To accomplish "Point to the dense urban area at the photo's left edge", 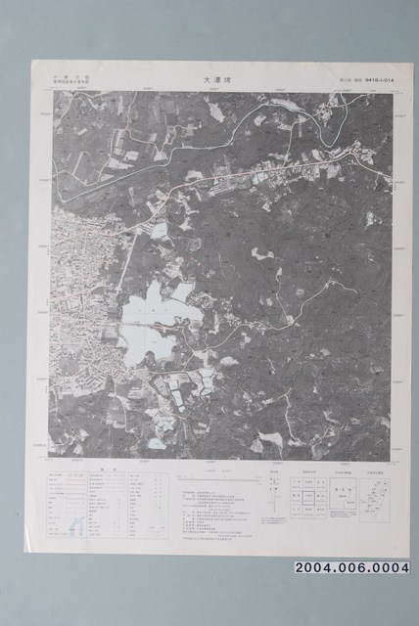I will tap(73, 293).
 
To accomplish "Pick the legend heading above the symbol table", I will tap(102, 469).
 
